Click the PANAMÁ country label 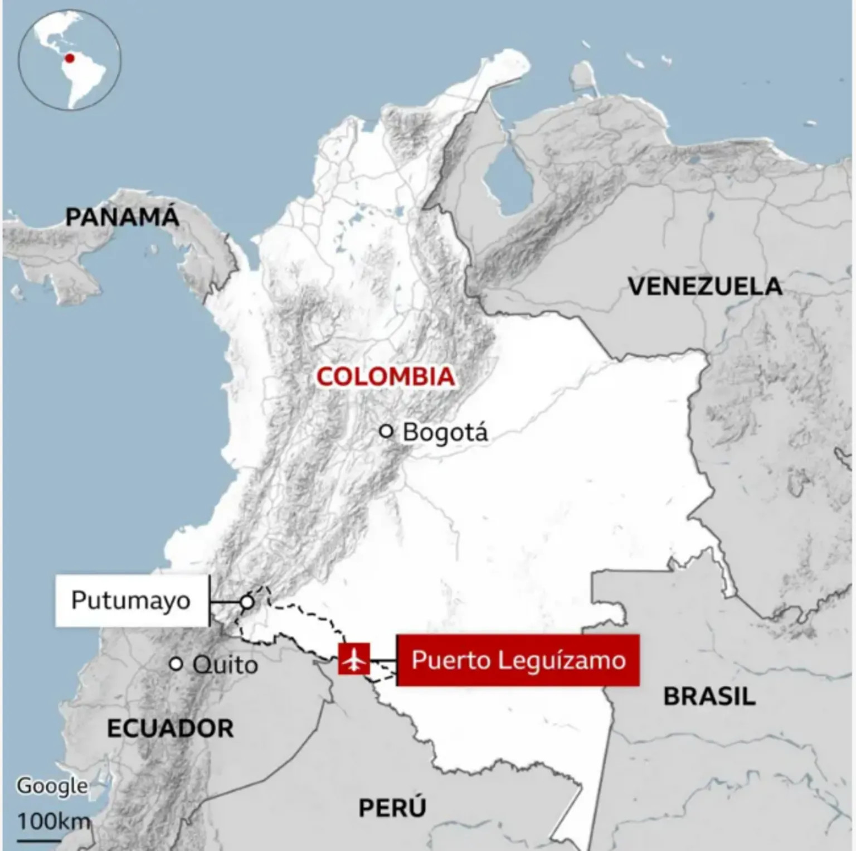tap(122, 217)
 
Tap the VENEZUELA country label tap(705, 287)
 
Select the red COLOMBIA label tap(386, 377)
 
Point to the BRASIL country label tap(709, 697)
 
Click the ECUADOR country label tap(170, 729)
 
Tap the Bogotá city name tap(445, 433)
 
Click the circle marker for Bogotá tap(386, 431)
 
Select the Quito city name tap(225, 665)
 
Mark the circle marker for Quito tap(176, 664)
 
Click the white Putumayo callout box tap(132, 601)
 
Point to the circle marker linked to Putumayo tap(247, 602)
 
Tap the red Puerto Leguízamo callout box tap(518, 660)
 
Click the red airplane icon tap(354, 659)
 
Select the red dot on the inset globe tap(70, 58)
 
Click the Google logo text tap(52, 786)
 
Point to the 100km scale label tap(53, 821)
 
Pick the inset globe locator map tap(70, 59)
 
